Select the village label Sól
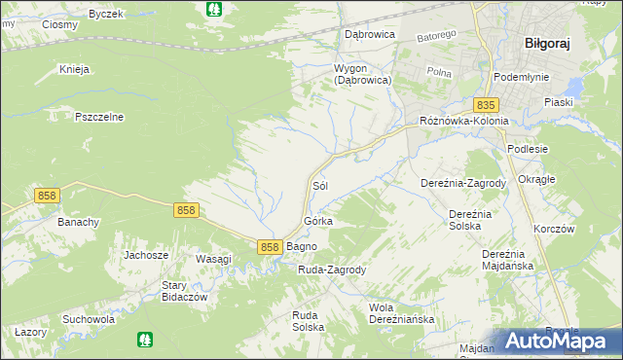click(x=318, y=184)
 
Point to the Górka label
click(x=319, y=221)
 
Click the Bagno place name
click(x=301, y=247)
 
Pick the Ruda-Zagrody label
click(x=331, y=270)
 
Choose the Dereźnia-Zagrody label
click(x=463, y=183)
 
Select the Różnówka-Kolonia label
click(x=463, y=121)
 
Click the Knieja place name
click(x=74, y=69)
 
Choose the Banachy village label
click(x=79, y=222)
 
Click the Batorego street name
click(x=437, y=36)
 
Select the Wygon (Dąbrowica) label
click(x=362, y=75)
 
